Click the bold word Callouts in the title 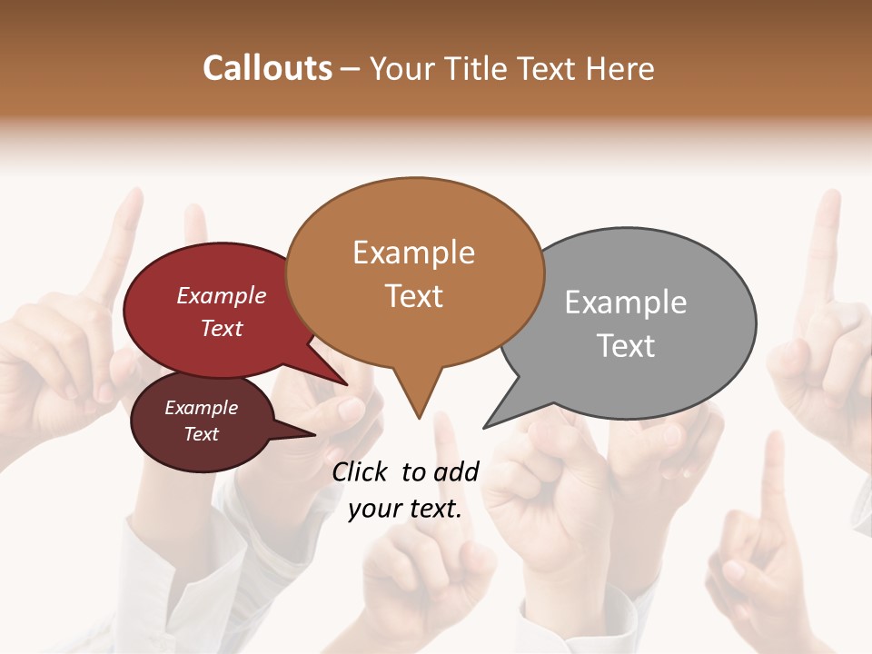coord(267,68)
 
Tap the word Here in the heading coord(619,68)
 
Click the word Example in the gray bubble coord(625,302)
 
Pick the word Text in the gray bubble coord(626,346)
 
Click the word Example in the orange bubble coord(413,253)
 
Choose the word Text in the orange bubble coord(414,296)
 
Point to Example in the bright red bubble coord(221,295)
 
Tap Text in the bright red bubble coord(222,328)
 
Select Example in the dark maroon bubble coord(201,408)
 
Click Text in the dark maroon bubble coord(202,434)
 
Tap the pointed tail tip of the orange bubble coord(419,418)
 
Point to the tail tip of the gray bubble coord(484,427)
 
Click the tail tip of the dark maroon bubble coord(315,434)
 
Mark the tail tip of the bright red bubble coord(346,384)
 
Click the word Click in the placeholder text coord(361,471)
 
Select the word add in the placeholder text coord(457,471)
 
